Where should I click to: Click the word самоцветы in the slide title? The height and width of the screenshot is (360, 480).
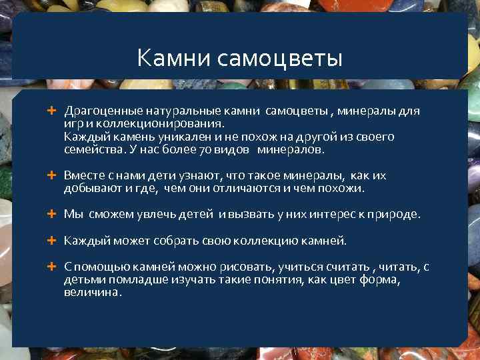(x=280, y=59)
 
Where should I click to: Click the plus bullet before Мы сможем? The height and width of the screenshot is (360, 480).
(x=51, y=214)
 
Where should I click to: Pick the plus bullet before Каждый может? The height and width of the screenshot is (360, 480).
(x=51, y=240)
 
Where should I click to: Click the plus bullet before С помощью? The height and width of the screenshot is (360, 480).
(x=51, y=266)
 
